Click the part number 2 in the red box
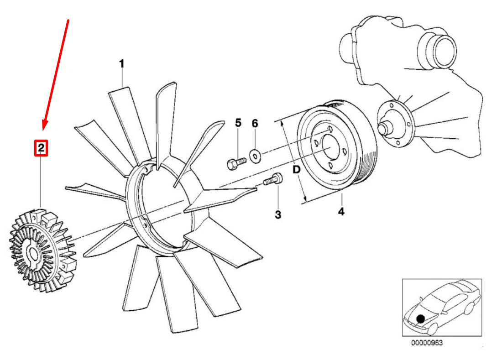pos(41,148)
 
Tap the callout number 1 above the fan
pos(122,64)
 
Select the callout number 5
pos(238,123)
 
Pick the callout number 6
pos(255,123)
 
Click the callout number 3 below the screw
pos(278,214)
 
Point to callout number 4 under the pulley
pos(341,211)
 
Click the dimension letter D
pos(296,170)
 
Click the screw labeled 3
pos(274,180)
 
